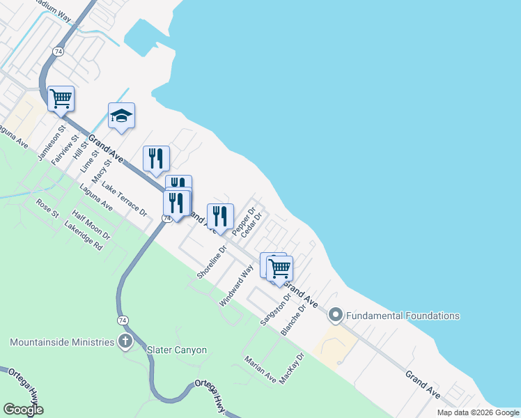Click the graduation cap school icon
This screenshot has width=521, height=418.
(x=121, y=116)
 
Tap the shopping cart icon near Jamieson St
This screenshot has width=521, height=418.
(x=61, y=99)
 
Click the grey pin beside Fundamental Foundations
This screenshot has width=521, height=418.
(x=335, y=316)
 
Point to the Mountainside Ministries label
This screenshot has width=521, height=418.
(x=61, y=342)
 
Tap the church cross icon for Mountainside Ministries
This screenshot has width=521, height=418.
(x=125, y=341)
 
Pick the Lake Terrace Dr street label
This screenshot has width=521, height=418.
(x=125, y=199)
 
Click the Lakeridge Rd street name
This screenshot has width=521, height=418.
(x=83, y=237)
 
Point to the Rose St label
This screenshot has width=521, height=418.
(x=47, y=208)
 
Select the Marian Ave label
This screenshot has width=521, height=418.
(x=260, y=369)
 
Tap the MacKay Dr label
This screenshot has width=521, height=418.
(x=292, y=369)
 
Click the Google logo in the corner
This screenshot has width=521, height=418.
(x=23, y=409)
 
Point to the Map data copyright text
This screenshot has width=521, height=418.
(x=477, y=412)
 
